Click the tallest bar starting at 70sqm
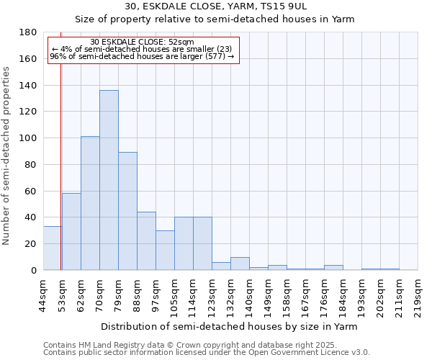coord(109,180)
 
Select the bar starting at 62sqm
coord(90,203)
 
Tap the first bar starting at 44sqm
coord(52,248)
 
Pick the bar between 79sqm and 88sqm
coord(127,211)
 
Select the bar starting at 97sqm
coord(165,251)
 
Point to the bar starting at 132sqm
coord(240,264)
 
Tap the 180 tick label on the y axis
coord(29,32)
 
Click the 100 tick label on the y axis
coord(29,138)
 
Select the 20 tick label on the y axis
coord(32,244)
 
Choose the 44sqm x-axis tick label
coord(43,296)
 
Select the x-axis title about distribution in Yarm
coord(234,326)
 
